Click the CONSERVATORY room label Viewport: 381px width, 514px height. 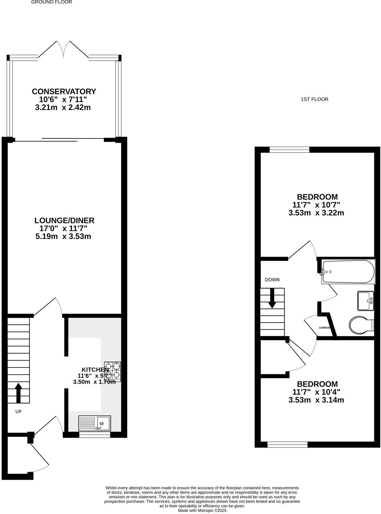pos(64,91)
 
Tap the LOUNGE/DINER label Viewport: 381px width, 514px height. pos(64,220)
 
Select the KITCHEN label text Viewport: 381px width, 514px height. pos(95,370)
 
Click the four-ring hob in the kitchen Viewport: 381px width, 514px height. pos(112,371)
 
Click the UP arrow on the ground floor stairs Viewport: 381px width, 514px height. pos(18,393)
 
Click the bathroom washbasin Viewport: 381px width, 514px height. pos(366,301)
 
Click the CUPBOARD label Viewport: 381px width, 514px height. pos(325,328)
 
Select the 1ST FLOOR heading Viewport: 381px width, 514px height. pos(315,99)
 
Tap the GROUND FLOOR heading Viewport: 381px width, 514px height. pos(52,2)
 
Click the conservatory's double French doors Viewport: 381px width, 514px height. pos(63,49)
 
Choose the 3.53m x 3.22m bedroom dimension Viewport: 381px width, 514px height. pos(316,213)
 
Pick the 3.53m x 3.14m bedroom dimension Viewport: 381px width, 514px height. pos(316,400)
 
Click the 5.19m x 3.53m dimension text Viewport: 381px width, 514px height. pos(63,236)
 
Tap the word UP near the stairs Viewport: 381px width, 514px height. pos(18,411)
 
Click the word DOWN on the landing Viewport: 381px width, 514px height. pos(272,280)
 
